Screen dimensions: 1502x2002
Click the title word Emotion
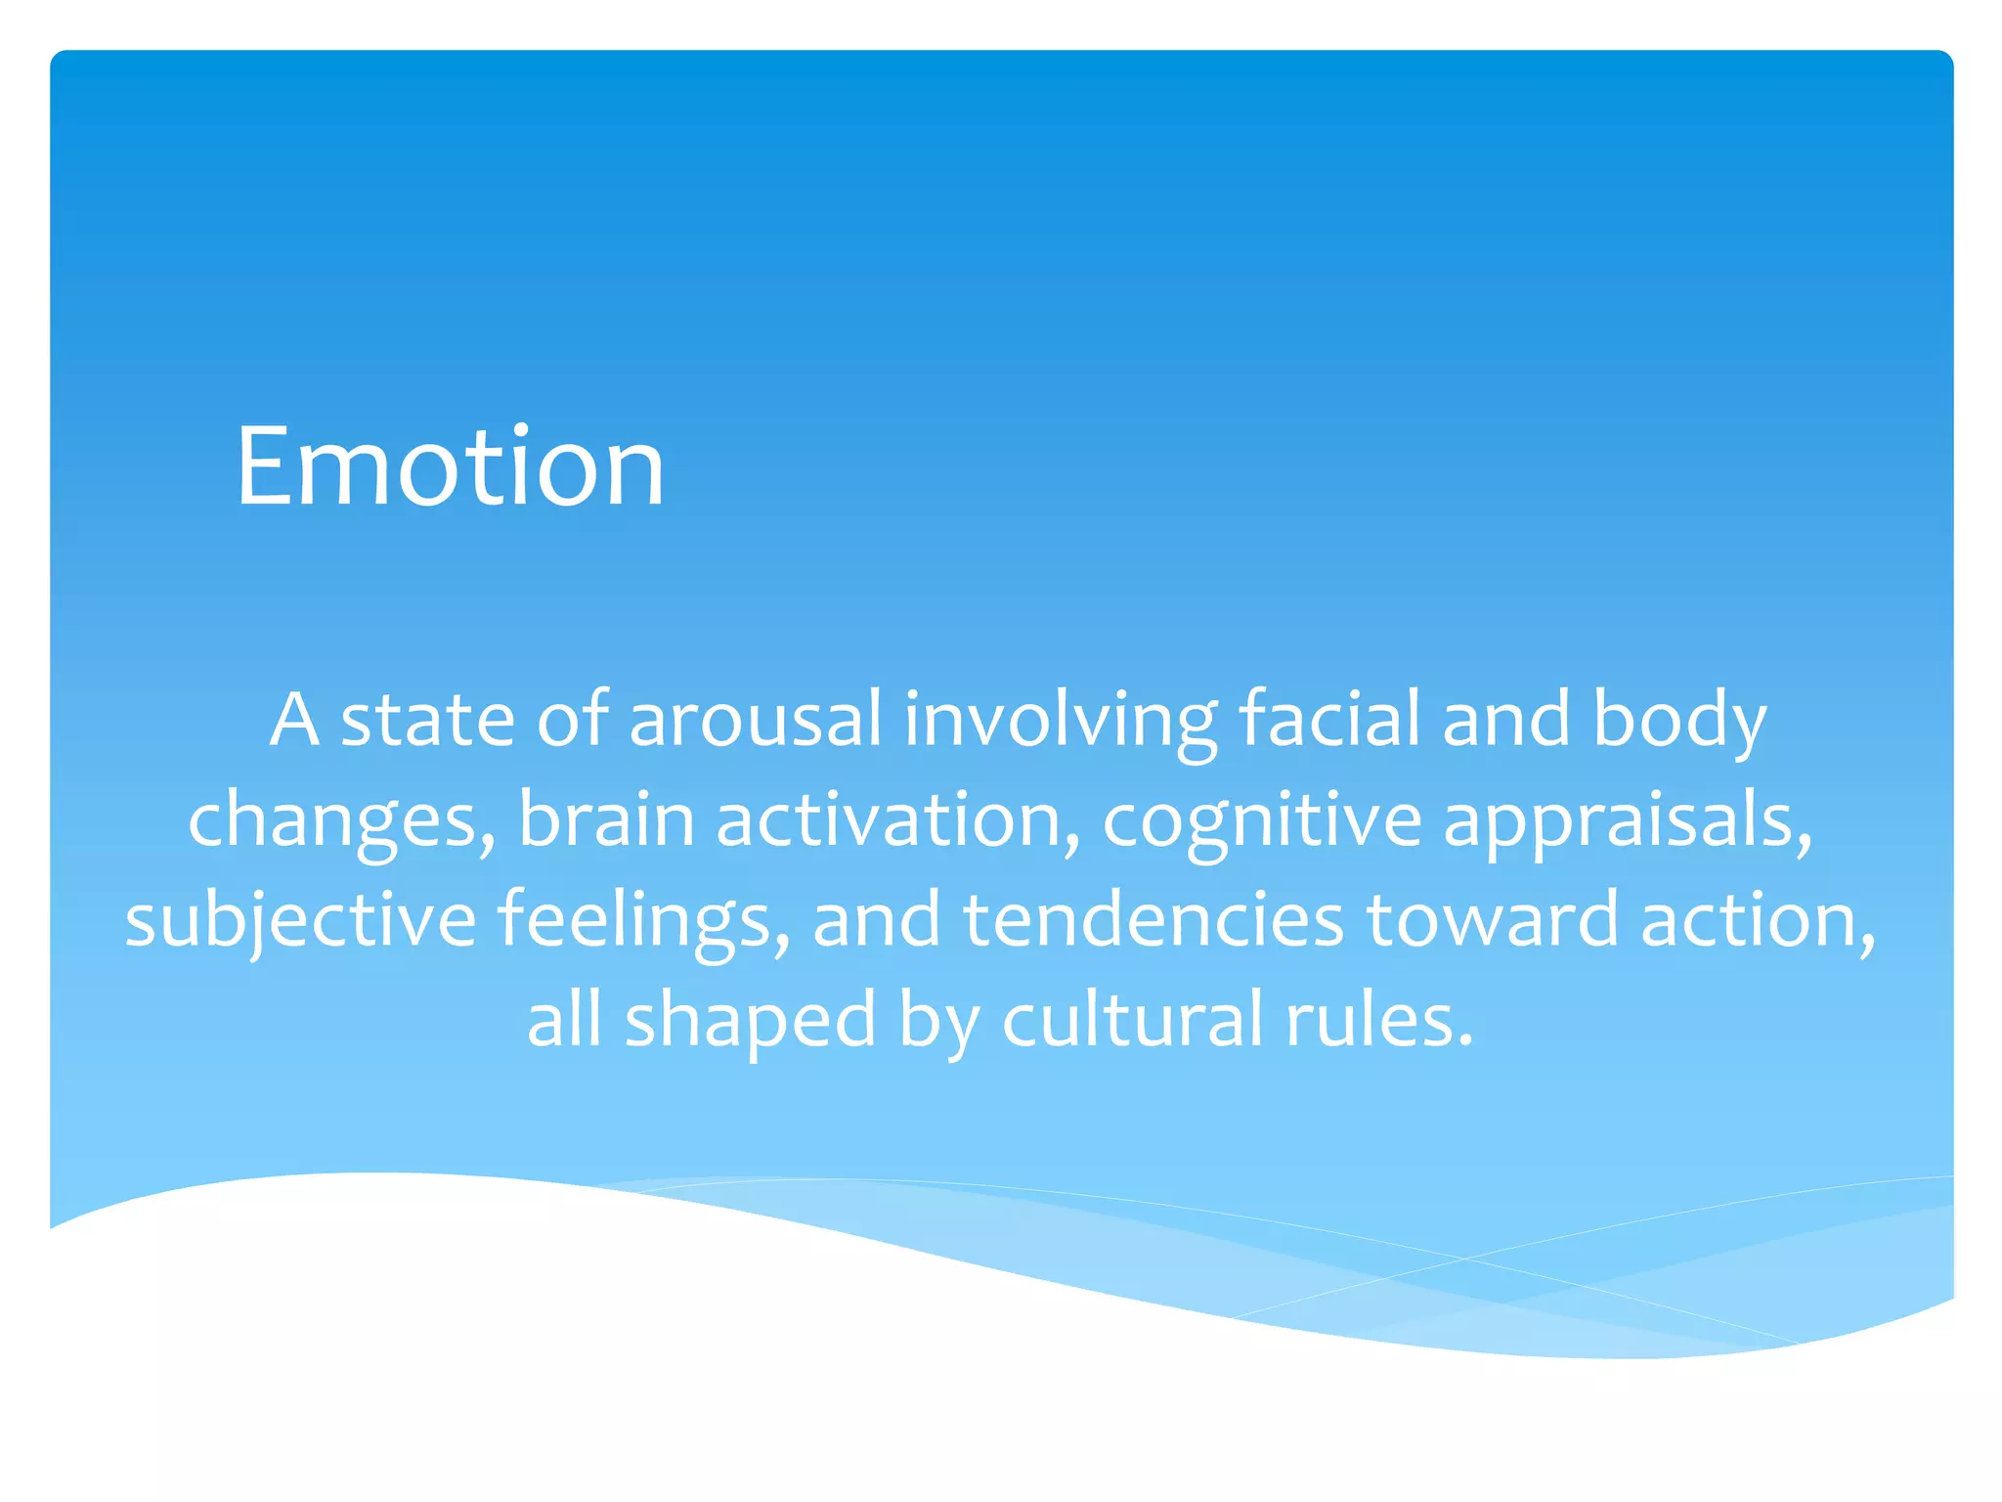click(450, 466)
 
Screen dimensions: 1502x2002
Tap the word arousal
click(755, 719)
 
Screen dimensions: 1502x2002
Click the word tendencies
click(1153, 919)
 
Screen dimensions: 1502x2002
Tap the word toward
click(1492, 919)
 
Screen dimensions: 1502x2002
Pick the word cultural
click(1132, 1019)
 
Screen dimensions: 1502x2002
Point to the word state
click(427, 719)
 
